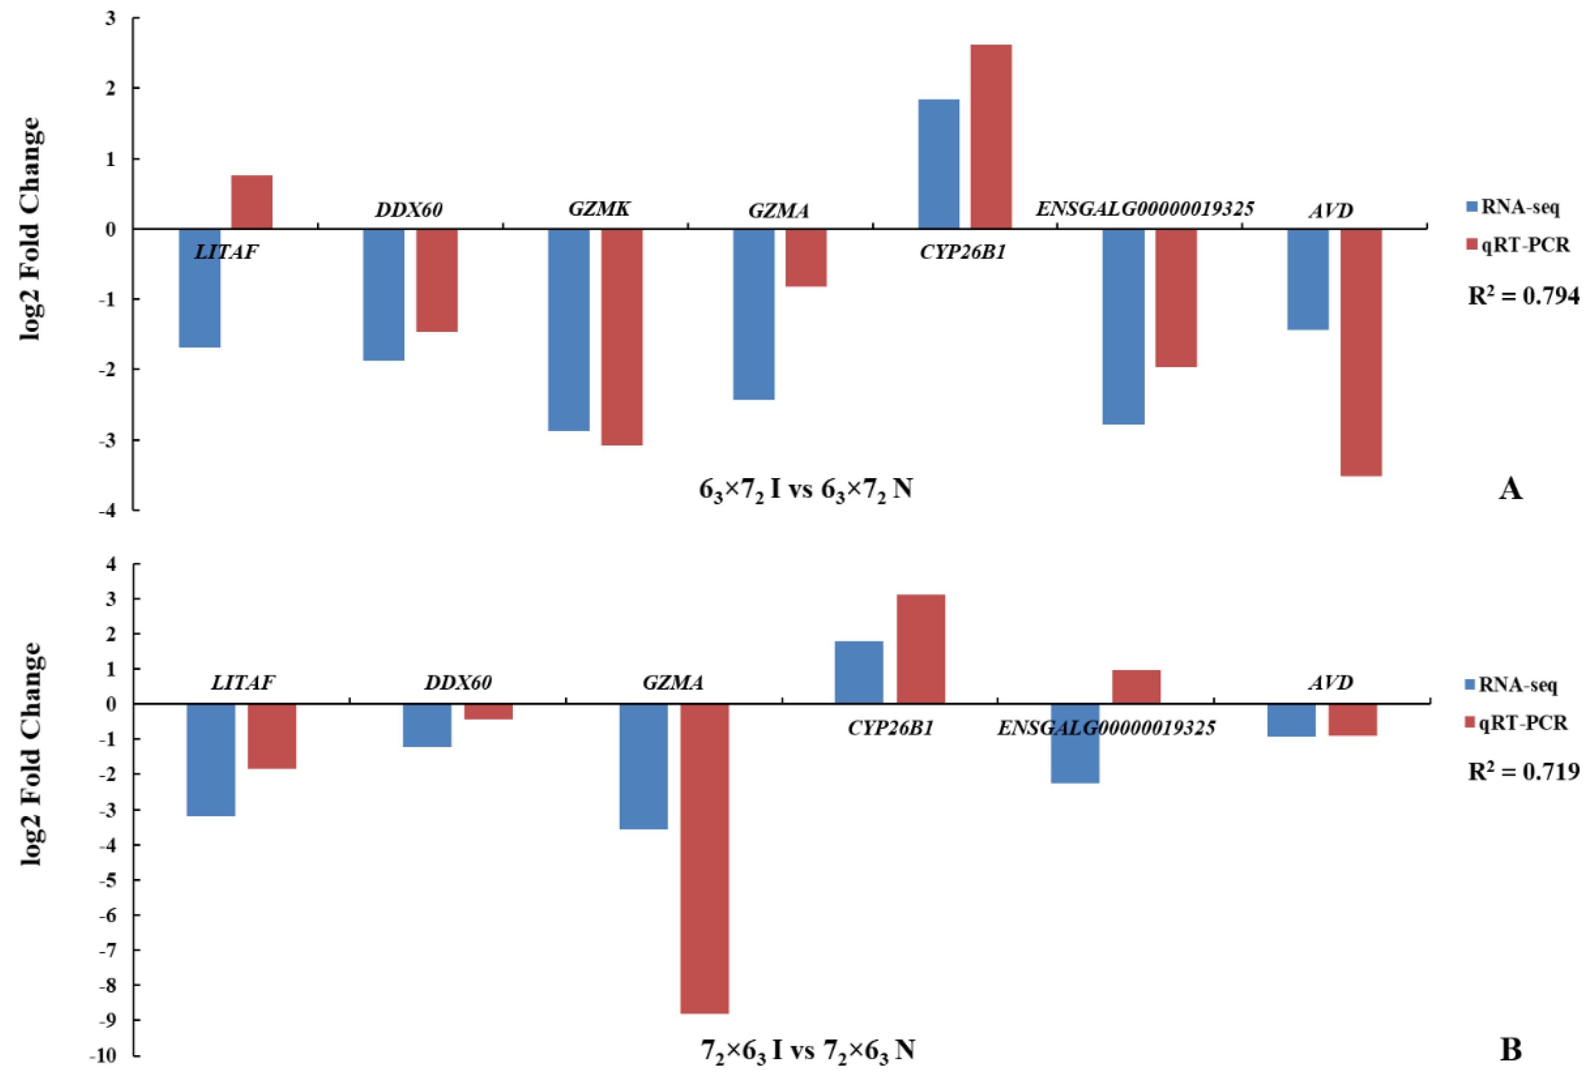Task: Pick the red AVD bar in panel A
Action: [x=1361, y=352]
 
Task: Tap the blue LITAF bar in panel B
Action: [x=211, y=759]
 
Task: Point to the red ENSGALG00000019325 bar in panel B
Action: [x=1136, y=686]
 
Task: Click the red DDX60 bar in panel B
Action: [x=488, y=711]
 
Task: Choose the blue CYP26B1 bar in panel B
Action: [x=859, y=672]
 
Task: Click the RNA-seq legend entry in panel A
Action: [x=1512, y=206]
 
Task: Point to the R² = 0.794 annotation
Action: [x=1523, y=296]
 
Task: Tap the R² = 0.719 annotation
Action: [x=1523, y=772]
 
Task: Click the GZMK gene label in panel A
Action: [x=599, y=208]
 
